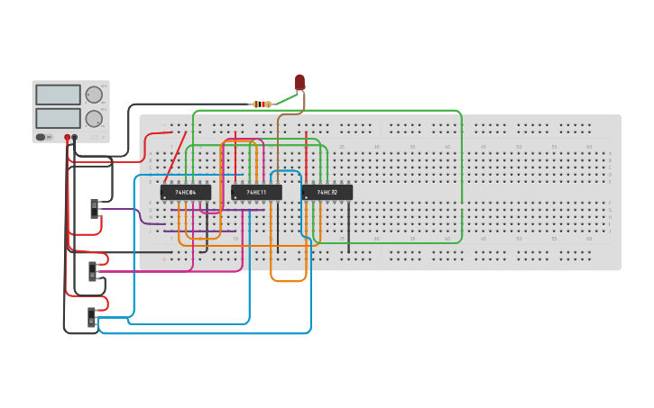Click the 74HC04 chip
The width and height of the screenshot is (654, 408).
185,192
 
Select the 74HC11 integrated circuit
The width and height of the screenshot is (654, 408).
256,192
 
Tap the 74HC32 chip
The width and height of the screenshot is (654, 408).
327,192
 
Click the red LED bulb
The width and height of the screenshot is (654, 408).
299,82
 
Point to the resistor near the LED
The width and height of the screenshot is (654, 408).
262,104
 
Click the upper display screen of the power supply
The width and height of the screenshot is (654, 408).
58,95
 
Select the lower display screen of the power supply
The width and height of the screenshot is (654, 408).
58,118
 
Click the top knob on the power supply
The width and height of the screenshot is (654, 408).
94,95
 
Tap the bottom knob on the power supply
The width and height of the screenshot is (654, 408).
94,118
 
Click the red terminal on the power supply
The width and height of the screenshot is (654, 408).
67,138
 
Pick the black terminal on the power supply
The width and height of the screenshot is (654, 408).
74,138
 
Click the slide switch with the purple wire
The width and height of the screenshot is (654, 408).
94,208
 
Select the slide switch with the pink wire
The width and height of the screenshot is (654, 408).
92,270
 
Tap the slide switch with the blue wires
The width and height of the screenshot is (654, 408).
91,317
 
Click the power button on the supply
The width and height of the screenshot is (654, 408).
41,137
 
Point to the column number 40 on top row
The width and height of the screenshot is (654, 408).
447,147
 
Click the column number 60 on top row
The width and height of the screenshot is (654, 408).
589,147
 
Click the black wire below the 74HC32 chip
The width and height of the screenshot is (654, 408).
348,230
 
